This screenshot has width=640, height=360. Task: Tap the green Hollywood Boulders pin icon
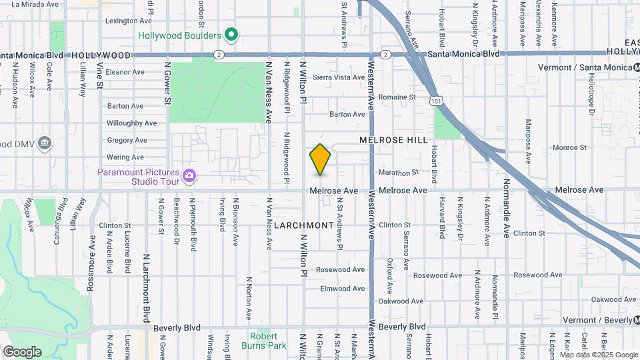pos(231,34)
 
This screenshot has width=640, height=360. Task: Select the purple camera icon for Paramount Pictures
pos(189,175)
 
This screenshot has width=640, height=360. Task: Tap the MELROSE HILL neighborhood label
pos(393,140)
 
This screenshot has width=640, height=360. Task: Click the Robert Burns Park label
pos(263,341)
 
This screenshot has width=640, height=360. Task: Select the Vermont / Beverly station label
pos(597,321)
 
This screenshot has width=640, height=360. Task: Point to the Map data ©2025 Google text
pos(599,355)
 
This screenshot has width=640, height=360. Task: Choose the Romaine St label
pos(397,97)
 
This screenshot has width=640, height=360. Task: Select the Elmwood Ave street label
pos(343,289)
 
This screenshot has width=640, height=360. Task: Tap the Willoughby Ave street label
pos(131,123)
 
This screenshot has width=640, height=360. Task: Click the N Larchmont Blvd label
pos(145,279)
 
